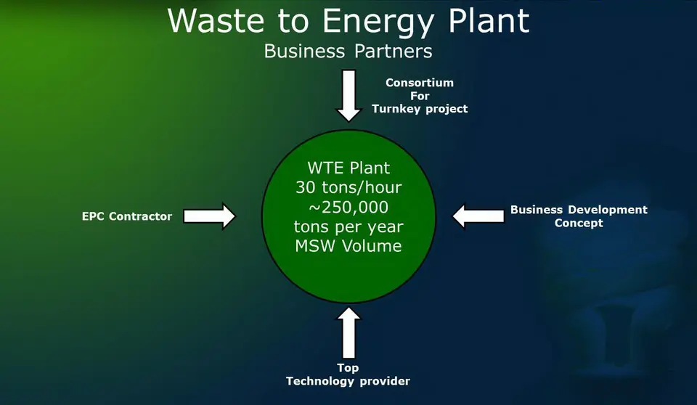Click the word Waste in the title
[x=216, y=20]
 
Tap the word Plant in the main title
[x=489, y=20]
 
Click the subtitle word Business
[x=304, y=51]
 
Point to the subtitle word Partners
[x=394, y=51]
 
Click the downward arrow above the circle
[x=349, y=96]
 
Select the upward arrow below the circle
[x=349, y=332]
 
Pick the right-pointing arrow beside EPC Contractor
[x=209, y=216]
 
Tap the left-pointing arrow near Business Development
[x=478, y=216]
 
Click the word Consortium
[x=420, y=83]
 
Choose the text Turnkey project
[x=420, y=109]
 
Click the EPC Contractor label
[x=126, y=216]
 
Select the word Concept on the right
[x=579, y=223]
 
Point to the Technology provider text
[x=348, y=382]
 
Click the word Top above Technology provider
[x=348, y=368]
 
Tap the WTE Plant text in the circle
[x=349, y=168]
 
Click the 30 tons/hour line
[x=349, y=187]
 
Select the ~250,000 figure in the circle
[x=349, y=207]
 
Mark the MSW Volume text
[x=349, y=246]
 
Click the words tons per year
[x=349, y=226]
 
